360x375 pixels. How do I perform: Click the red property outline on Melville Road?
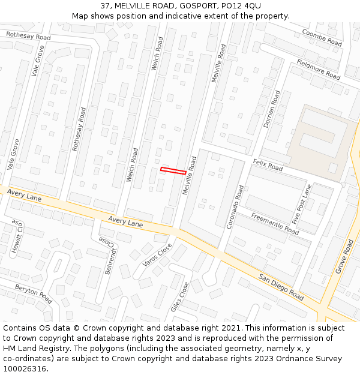click(173, 171)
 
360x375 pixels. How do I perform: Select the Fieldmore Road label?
click(318, 70)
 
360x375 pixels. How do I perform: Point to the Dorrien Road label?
click(272, 109)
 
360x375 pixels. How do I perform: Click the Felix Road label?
click(268, 165)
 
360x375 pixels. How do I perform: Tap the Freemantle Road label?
click(275, 223)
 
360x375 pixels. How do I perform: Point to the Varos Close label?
click(157, 255)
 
